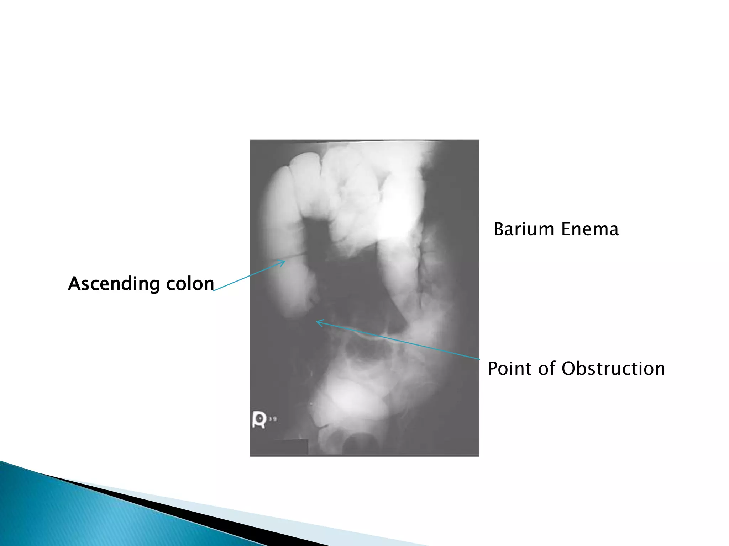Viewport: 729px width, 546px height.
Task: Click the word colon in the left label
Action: coord(190,284)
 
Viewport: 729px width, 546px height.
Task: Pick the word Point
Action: coord(509,368)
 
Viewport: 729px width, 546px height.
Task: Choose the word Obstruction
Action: coord(613,368)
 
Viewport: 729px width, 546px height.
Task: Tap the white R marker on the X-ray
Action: coord(259,419)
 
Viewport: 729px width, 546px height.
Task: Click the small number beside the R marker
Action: coord(273,419)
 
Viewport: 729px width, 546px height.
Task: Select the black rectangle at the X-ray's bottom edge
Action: coord(290,447)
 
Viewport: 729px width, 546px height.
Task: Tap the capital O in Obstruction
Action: coord(569,369)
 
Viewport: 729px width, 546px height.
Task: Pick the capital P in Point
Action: coord(493,368)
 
